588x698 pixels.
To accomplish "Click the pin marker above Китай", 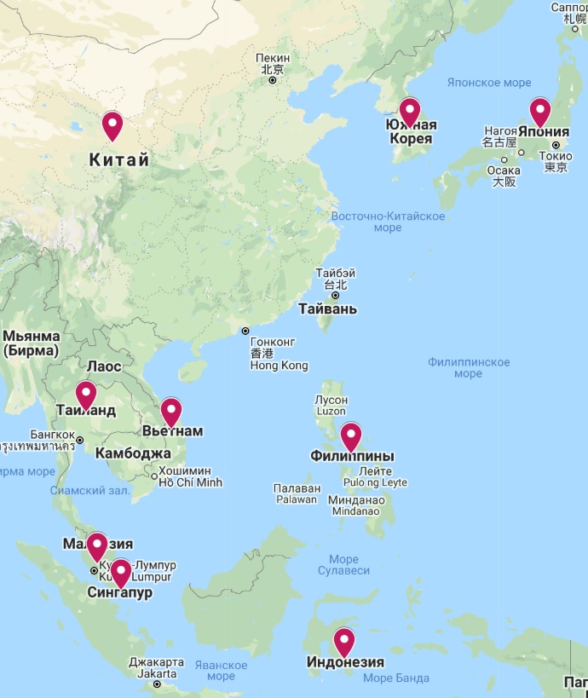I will coord(112,125).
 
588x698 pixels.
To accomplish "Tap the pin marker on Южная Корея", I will coord(410,112).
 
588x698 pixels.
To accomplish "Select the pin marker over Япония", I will coord(539,112).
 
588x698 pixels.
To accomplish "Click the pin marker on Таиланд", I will coord(85,395).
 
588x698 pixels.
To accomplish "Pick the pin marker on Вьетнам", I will coord(171,412).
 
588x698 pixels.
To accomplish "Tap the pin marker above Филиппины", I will coord(351,436).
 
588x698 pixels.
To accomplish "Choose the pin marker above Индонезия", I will coord(343,642).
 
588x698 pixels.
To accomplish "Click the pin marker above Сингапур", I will coord(121,573).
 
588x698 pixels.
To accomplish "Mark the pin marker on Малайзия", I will coord(97,545).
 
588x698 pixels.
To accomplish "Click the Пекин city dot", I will coord(273,80).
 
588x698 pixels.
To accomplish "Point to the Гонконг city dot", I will coord(245,331).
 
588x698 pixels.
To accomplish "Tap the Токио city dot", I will coord(555,145).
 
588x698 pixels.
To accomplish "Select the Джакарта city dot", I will coord(157,684).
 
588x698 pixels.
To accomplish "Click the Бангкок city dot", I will coord(79,441).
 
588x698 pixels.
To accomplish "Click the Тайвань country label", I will coord(327,309).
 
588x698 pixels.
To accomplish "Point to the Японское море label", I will coord(489,83).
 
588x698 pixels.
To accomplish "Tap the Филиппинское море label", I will coord(469,368).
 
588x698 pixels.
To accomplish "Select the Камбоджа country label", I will coord(133,453).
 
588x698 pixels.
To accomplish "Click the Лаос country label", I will coord(104,366).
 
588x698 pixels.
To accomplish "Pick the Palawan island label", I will coord(296,499).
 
